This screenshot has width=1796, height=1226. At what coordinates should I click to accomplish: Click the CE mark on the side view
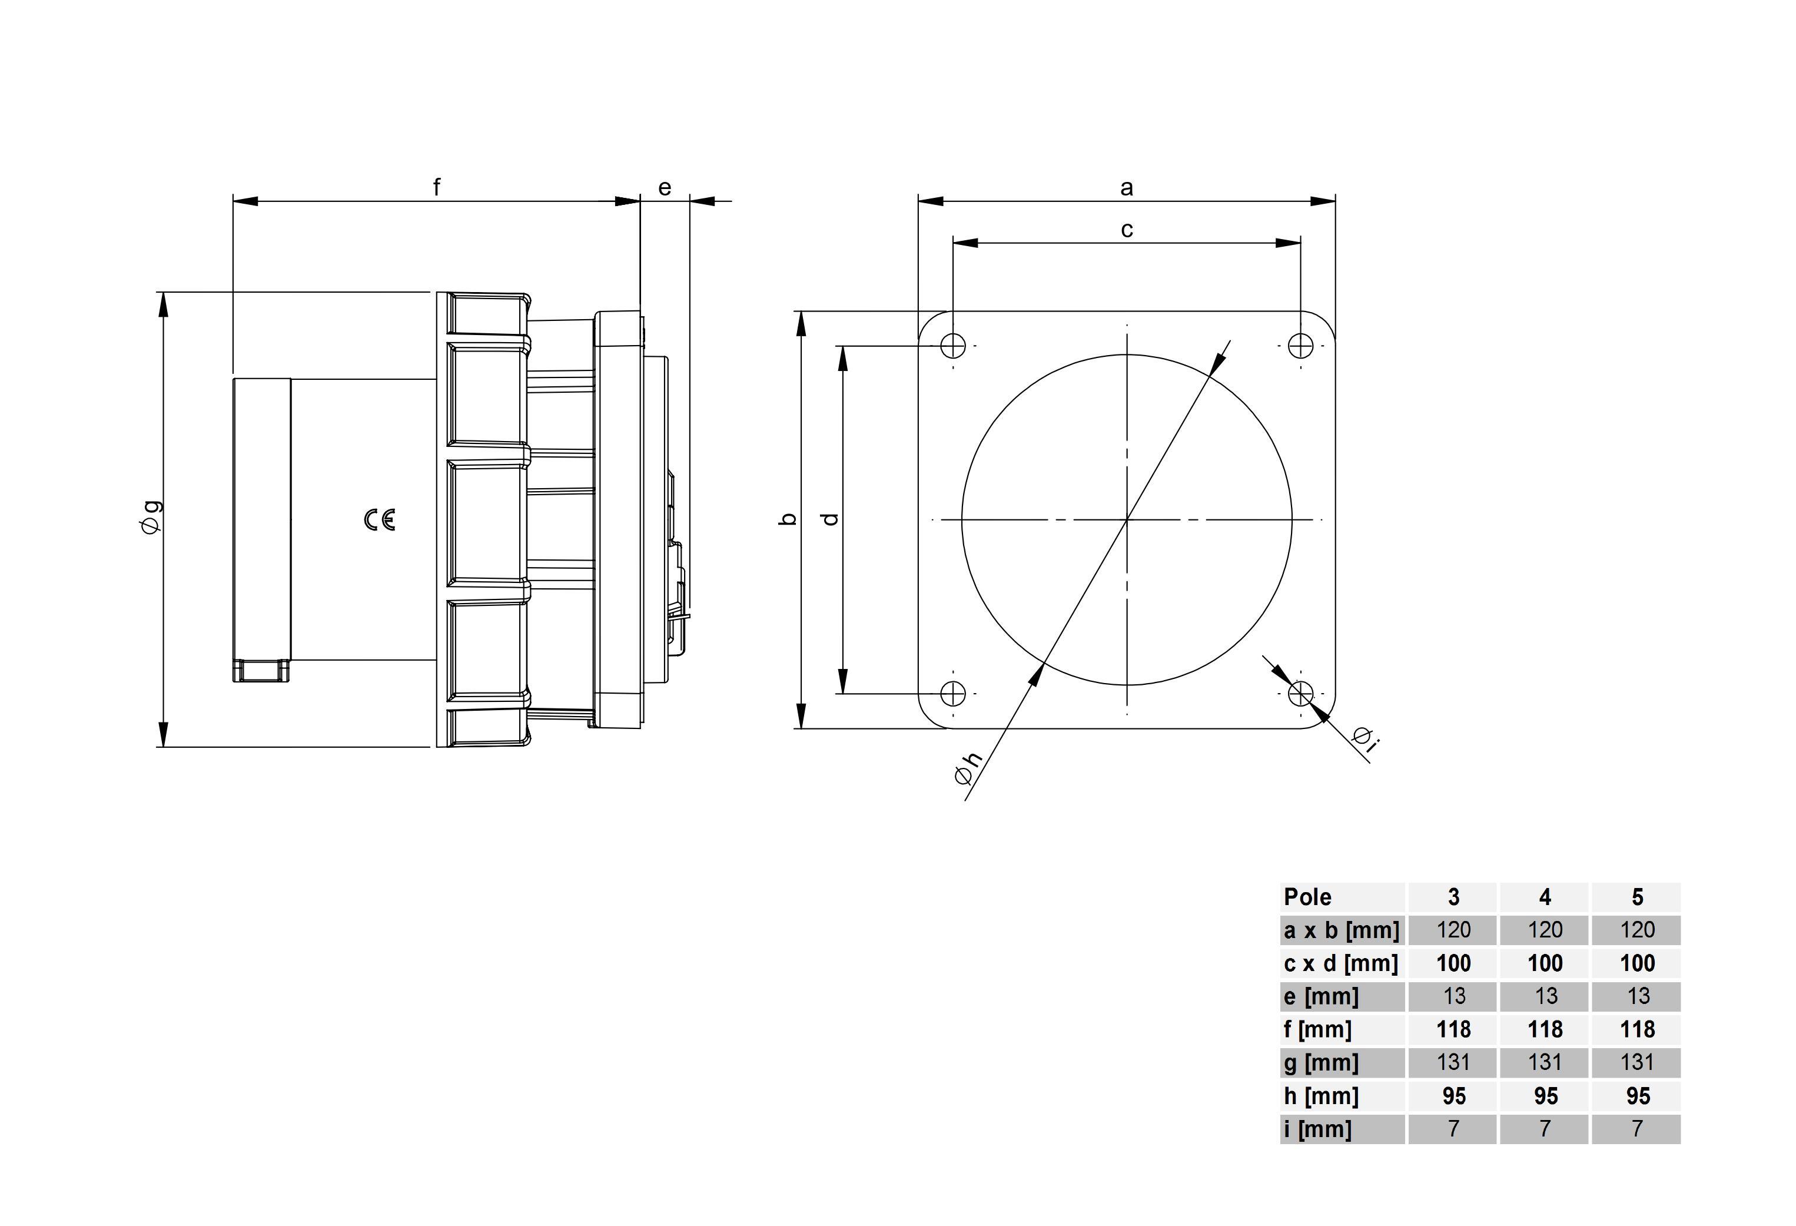pos(380,520)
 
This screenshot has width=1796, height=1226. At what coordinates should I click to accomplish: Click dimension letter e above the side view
pos(665,188)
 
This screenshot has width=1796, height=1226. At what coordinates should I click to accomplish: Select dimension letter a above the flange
pos(1127,188)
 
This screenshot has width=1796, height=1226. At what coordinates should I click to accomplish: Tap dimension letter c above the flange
pos(1127,230)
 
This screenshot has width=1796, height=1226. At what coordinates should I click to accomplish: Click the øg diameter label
pos(151,516)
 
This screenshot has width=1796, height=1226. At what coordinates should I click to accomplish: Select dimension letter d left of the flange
pos(830,519)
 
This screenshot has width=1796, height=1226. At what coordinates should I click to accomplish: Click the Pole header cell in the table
pos(1307,897)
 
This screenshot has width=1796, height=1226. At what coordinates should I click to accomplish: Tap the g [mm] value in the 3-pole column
pos(1453,1062)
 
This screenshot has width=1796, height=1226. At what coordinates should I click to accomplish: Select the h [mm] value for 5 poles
pos(1638,1096)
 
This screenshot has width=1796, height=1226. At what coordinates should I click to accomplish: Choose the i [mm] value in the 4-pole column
pos(1545,1129)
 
